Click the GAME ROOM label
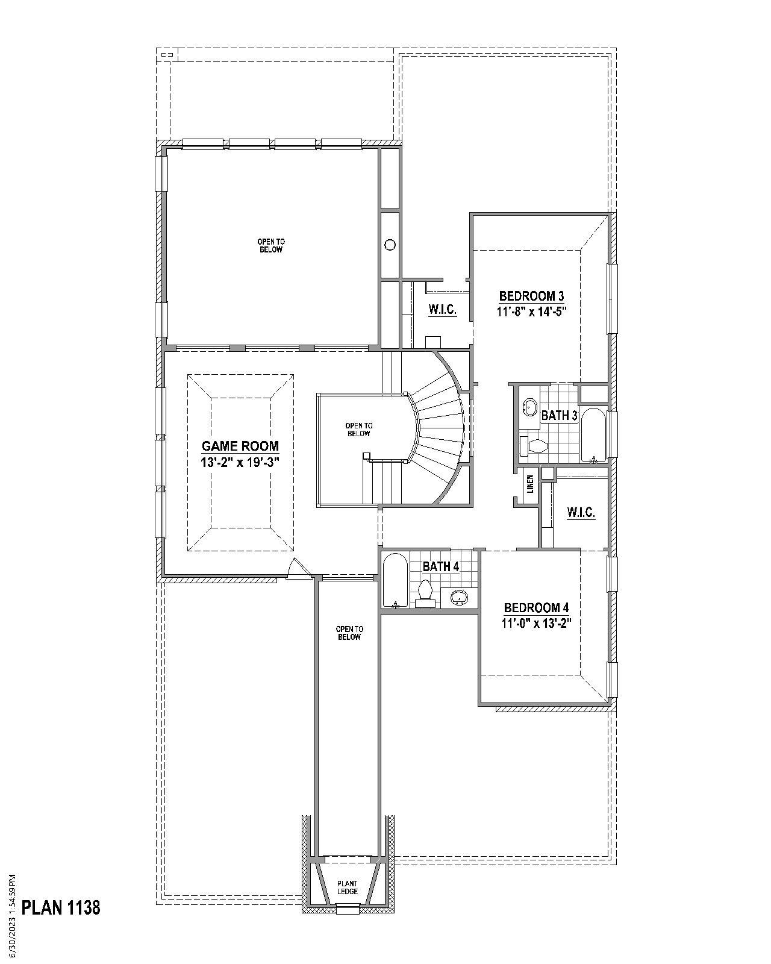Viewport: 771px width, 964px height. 240,446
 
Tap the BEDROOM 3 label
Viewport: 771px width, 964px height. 531,296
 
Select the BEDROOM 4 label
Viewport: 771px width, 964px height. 536,607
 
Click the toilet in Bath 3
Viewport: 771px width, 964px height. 534,446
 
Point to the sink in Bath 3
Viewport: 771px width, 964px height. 529,407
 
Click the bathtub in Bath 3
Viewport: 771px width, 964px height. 595,435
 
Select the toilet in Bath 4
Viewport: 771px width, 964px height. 426,592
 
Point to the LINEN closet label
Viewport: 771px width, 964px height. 530,484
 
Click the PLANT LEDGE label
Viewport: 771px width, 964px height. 348,887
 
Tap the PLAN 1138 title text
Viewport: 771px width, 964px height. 61,907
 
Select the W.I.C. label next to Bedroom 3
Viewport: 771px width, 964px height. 442,310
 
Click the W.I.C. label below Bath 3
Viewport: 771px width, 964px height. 581,513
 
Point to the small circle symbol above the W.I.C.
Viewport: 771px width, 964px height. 390,245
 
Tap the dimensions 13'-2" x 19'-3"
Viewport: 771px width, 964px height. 240,462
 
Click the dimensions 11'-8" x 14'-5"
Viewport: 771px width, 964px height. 531,311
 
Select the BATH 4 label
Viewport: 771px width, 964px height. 440,566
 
